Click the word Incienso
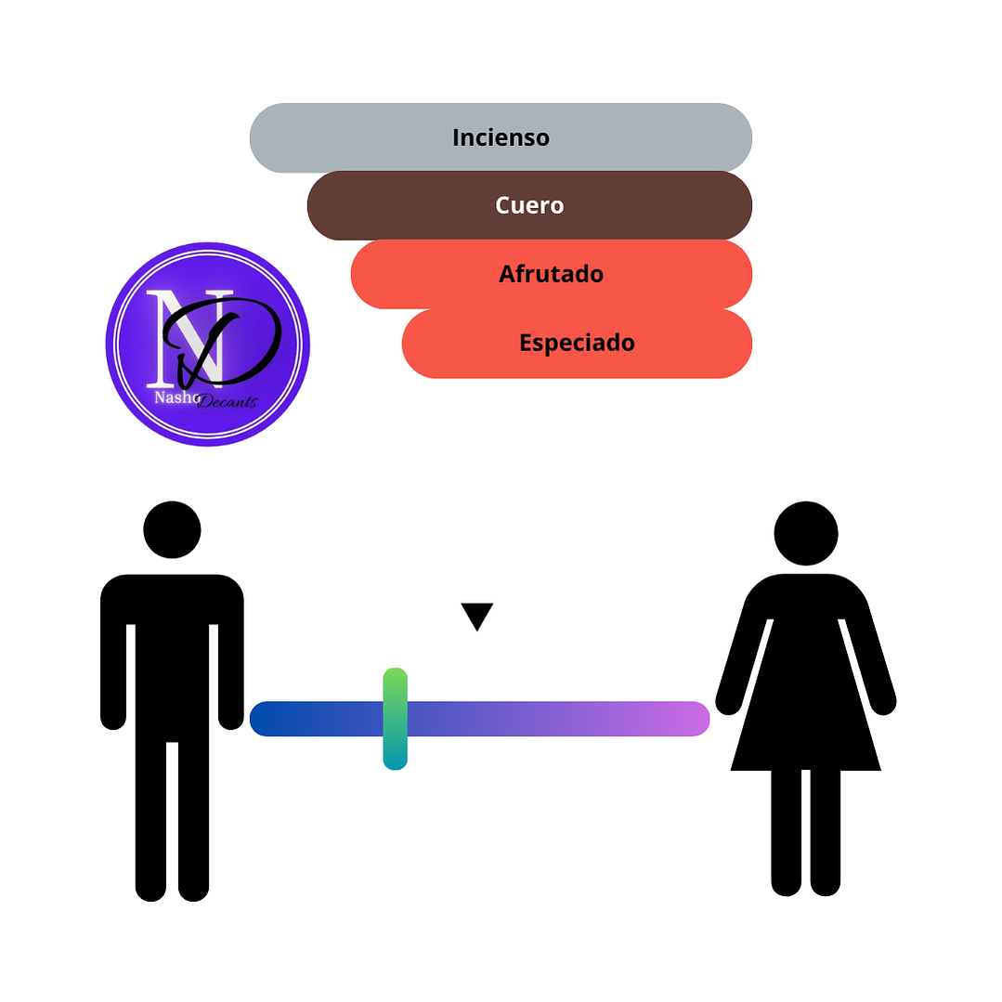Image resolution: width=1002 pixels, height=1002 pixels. [501, 137]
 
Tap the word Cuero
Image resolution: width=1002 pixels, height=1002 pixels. [529, 205]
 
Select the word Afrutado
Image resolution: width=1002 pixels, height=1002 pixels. [551, 274]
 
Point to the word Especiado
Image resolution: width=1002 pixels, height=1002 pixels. [577, 343]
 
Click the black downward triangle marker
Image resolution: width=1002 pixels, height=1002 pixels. [476, 615]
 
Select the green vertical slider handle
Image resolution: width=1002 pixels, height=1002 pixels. [395, 718]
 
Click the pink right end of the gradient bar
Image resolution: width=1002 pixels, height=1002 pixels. [692, 719]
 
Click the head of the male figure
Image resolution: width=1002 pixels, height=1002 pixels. [172, 529]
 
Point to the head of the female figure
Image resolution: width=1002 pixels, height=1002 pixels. [806, 534]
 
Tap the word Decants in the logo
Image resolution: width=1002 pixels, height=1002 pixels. [227, 401]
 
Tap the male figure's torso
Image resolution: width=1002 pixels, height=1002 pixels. [172, 650]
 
